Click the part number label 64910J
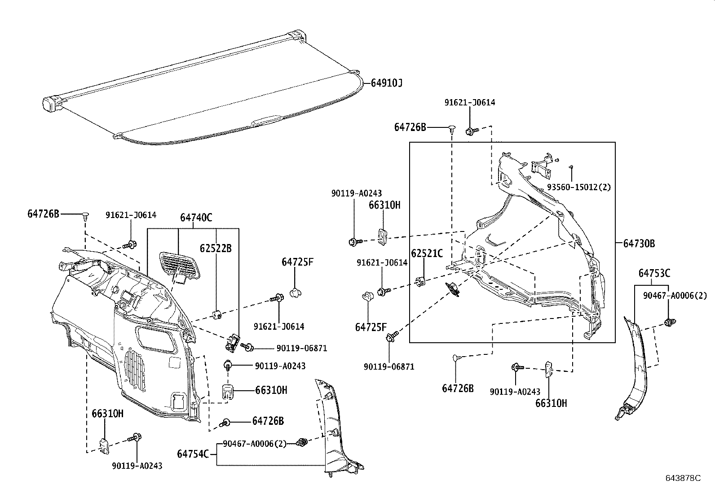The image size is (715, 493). (386, 83)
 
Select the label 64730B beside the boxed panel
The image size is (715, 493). (639, 244)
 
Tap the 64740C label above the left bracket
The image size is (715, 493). (196, 218)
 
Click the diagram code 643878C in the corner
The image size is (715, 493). (683, 478)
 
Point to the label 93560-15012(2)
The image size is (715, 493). (579, 187)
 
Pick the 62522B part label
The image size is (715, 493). (216, 248)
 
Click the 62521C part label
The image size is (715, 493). (427, 253)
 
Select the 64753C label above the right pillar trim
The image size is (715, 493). (654, 273)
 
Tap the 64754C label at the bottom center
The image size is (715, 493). (193, 454)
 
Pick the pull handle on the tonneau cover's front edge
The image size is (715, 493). (267, 120)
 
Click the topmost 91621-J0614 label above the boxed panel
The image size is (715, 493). (469, 103)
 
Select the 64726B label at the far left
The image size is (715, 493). (43, 214)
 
